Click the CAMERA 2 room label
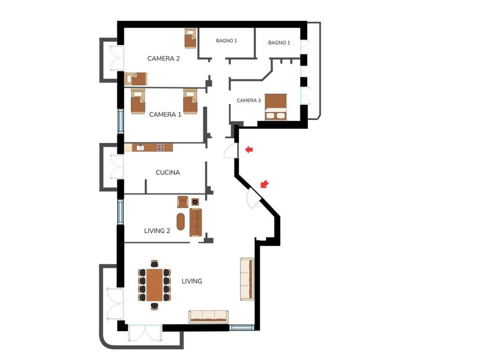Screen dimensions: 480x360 pyautogui.click(x=164, y=59)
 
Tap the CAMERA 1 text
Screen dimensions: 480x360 pyautogui.click(x=165, y=114)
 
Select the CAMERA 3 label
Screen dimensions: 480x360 pyautogui.click(x=248, y=100)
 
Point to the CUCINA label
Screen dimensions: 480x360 pyautogui.click(x=168, y=172)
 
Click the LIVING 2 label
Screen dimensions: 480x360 pyautogui.click(x=157, y=231)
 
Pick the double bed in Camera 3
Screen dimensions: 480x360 pyautogui.click(x=276, y=106)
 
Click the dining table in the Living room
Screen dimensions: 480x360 pyautogui.click(x=155, y=285)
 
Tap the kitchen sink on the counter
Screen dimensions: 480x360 pyautogui.click(x=140, y=148)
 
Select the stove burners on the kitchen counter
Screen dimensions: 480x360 pyautogui.click(x=161, y=148)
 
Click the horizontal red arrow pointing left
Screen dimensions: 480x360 pyautogui.click(x=249, y=150)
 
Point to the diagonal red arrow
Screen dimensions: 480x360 pyautogui.click(x=264, y=184)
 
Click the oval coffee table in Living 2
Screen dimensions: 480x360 pyautogui.click(x=181, y=221)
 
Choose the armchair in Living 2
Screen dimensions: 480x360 pyautogui.click(x=183, y=202)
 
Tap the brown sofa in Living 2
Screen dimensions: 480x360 pyautogui.click(x=195, y=222)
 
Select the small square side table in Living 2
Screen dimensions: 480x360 pyautogui.click(x=195, y=202)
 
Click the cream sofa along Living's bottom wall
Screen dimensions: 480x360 pyautogui.click(x=208, y=316)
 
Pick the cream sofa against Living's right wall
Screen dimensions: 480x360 pyautogui.click(x=247, y=279)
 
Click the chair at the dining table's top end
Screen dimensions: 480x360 pyautogui.click(x=155, y=264)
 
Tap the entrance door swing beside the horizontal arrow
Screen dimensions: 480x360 pyautogui.click(x=231, y=151)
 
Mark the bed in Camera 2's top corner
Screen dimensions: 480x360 pyautogui.click(x=190, y=38)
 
